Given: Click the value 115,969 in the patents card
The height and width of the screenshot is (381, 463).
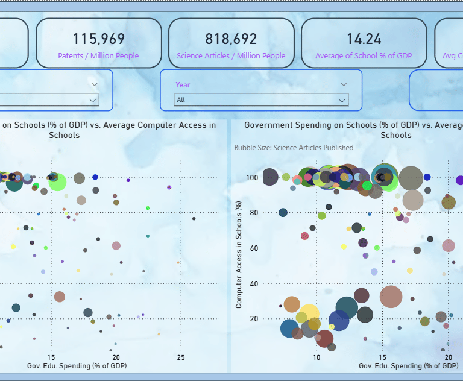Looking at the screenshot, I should tap(99, 39).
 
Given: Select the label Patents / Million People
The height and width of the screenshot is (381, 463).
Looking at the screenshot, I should tap(99, 56).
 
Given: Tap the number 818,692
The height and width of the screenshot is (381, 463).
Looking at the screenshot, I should tap(231, 39).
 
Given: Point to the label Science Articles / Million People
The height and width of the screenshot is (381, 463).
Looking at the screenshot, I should tap(231, 56).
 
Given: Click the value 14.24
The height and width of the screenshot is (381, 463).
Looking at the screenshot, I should tap(364, 39).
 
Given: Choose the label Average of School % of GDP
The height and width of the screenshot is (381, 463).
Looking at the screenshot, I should tap(364, 56).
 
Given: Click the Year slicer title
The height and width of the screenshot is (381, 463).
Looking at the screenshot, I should tap(183, 85).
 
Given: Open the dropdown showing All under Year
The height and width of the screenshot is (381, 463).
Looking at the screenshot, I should tap(261, 100).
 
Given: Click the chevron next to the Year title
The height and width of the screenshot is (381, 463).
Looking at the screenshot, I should tap(344, 84).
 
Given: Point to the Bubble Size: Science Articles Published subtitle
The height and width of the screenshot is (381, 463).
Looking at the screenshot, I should tap(294, 148).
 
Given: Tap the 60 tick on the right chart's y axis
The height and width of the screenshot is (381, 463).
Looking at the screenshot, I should tap(253, 248).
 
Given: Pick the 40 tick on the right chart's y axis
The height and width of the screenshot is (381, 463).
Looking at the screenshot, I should tap(253, 283).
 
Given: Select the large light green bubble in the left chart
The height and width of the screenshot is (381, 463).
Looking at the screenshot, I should tap(57, 182).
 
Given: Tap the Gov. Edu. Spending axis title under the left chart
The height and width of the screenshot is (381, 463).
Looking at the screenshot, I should tap(77, 366).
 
